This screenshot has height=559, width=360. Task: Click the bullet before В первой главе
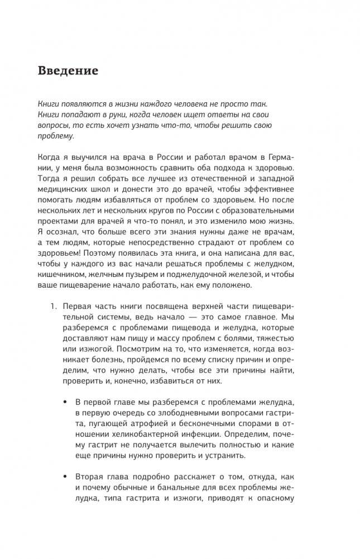pyautogui.click(x=66, y=403)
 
